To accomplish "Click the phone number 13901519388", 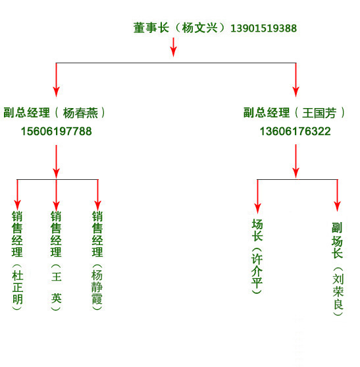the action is click(263, 28).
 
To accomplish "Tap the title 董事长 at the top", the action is click(151, 28).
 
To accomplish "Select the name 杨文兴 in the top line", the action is click(199, 28).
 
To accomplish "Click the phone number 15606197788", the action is click(57, 131).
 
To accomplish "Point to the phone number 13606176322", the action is click(296, 131).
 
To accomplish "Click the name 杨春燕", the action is click(80, 113).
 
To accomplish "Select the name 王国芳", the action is click(319, 113).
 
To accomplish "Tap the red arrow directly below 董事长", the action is click(173, 47).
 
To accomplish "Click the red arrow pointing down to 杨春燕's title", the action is click(56, 80).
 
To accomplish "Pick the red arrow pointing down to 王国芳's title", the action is click(296, 80).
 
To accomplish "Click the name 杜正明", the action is click(18, 287).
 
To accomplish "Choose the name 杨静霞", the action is click(97, 287).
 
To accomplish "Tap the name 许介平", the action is click(257, 271).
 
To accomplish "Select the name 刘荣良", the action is click(338, 292).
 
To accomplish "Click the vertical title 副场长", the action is click(337, 240).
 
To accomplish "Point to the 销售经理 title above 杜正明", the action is click(17, 234).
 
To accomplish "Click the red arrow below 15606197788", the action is click(56, 161).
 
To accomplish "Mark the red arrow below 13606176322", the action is click(296, 161).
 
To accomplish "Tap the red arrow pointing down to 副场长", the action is click(337, 196).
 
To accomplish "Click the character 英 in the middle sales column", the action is click(57, 298).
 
